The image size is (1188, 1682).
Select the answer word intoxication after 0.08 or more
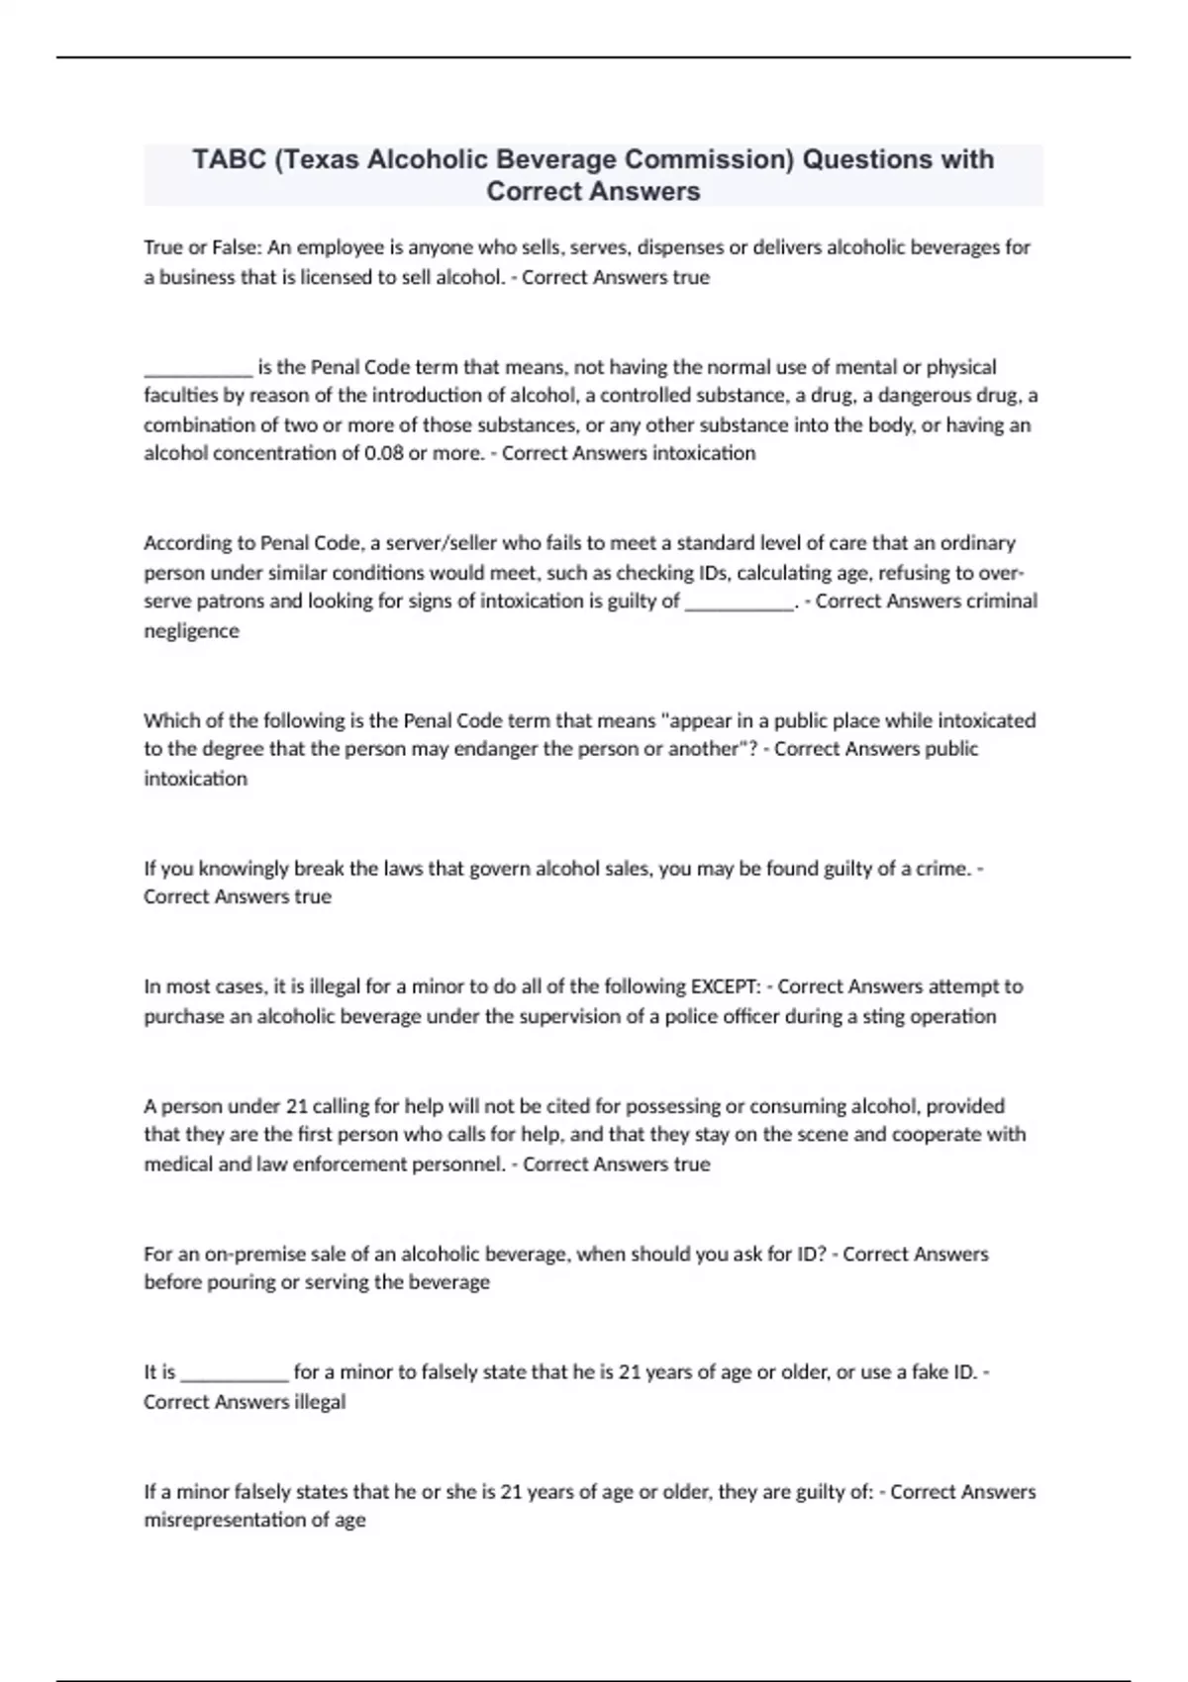704,453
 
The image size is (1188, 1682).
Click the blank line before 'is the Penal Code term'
198,368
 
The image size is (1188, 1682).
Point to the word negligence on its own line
191,631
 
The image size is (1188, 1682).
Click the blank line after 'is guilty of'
739,602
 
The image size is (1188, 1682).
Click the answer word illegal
320,1402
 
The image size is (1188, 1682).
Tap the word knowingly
239,869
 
